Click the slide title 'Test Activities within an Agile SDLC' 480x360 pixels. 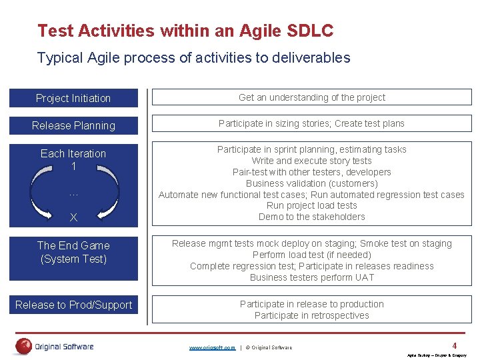[x=185, y=31]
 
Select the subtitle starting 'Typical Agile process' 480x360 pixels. [x=193, y=58]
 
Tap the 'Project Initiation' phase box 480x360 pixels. [x=73, y=98]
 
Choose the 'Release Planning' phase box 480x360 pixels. [x=73, y=125]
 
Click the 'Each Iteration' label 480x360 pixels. [x=73, y=153]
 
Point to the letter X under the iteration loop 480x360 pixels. [x=73, y=217]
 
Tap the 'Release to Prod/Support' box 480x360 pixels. [x=73, y=305]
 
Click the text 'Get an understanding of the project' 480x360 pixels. [x=311, y=97]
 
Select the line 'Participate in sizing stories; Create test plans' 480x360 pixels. [x=311, y=123]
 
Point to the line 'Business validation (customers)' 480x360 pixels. [x=311, y=183]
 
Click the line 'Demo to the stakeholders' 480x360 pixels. [x=311, y=217]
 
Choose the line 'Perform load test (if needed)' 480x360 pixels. [x=311, y=255]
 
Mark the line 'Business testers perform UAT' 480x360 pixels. [x=311, y=277]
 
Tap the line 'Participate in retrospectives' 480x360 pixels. [x=311, y=315]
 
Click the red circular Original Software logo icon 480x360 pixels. [x=23, y=346]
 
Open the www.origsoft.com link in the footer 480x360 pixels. [x=212, y=347]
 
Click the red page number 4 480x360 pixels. [x=454, y=345]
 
